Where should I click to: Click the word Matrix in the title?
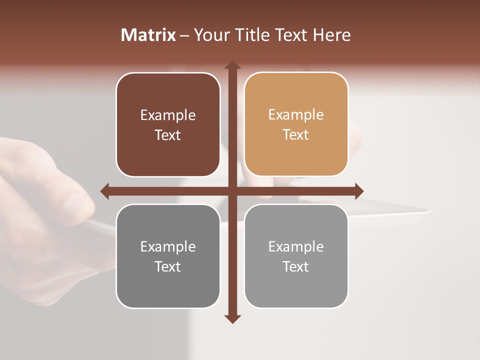pyautogui.click(x=148, y=35)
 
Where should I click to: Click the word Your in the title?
pyautogui.click(x=210, y=35)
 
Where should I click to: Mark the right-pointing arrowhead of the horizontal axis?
pyautogui.click(x=359, y=191)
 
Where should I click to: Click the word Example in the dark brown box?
pyautogui.click(x=168, y=115)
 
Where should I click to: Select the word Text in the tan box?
pyautogui.click(x=296, y=135)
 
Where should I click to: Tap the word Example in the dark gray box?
pyautogui.click(x=168, y=247)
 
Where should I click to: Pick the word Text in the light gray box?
pyautogui.click(x=296, y=266)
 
